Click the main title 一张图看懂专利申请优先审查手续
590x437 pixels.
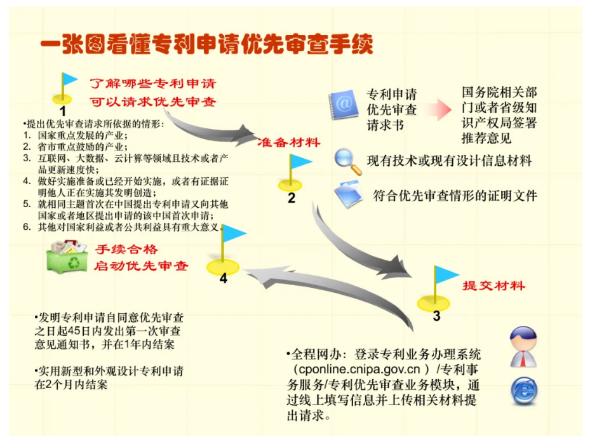(206, 44)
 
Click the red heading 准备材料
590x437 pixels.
(289, 142)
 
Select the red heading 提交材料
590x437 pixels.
(493, 286)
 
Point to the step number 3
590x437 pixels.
(436, 316)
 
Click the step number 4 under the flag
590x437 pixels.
(224, 279)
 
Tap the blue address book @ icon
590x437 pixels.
(343, 104)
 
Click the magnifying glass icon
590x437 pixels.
(349, 161)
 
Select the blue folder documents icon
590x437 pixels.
(349, 194)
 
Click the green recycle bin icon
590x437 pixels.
(67, 257)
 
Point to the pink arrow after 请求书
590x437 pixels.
(439, 109)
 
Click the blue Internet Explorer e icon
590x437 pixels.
(524, 391)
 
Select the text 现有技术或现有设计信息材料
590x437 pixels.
(449, 161)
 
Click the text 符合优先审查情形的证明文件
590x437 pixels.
(455, 196)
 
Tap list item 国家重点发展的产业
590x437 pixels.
(83, 135)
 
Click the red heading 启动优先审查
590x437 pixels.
(141, 266)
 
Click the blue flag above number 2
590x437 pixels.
(300, 162)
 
